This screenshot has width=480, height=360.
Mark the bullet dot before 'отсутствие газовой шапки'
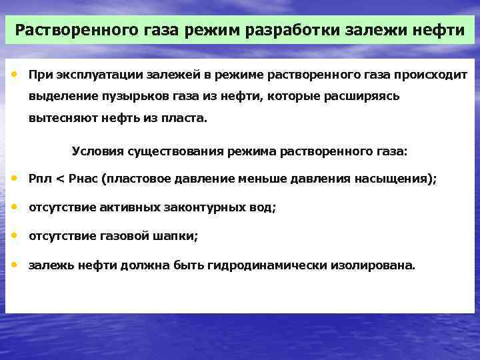15,235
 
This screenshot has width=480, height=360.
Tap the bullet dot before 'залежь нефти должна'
15,264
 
